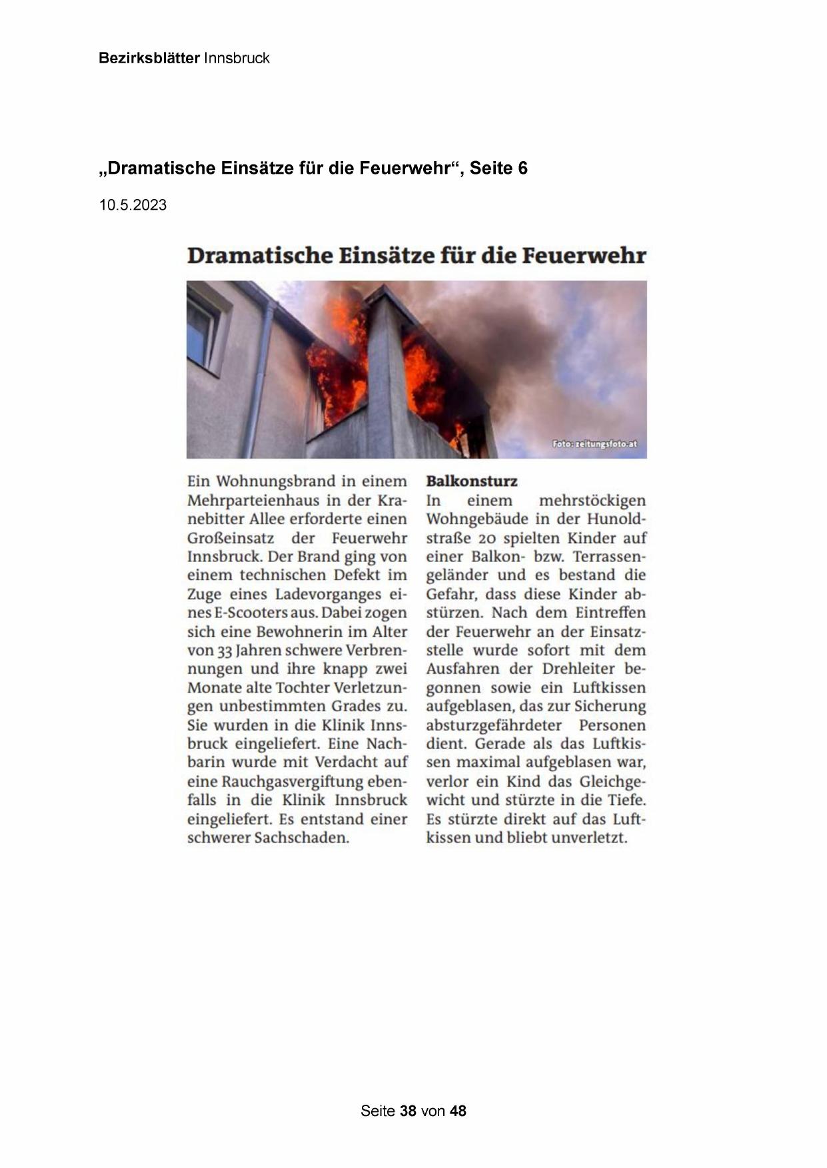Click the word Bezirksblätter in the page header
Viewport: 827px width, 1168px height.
point(149,59)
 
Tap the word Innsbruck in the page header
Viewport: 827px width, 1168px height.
point(237,59)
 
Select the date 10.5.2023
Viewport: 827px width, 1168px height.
point(133,205)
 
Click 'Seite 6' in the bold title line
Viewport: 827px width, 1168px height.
point(499,168)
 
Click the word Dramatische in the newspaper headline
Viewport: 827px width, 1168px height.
point(259,256)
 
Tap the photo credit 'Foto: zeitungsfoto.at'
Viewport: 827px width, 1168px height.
point(594,444)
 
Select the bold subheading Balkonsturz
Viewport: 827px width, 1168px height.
point(472,481)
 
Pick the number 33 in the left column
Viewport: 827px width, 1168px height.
point(225,651)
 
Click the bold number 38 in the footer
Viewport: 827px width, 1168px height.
point(408,1111)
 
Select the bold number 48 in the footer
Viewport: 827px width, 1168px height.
point(458,1111)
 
